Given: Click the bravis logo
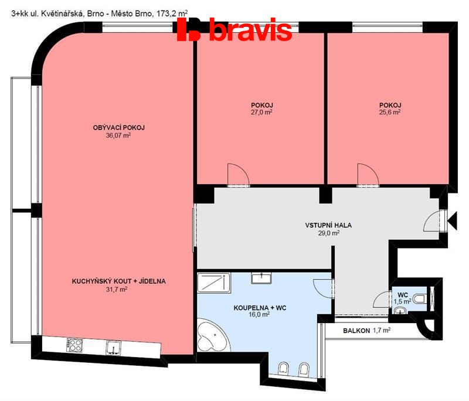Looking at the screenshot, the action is click(x=235, y=29).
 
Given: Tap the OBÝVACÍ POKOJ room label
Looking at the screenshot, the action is click(x=119, y=128).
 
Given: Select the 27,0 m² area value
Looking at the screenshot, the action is click(x=261, y=112).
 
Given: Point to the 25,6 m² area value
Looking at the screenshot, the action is click(x=390, y=112).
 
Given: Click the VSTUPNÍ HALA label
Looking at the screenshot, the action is click(x=328, y=225).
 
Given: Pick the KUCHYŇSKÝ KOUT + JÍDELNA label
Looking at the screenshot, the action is click(x=119, y=281).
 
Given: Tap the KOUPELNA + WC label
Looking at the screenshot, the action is click(x=260, y=308).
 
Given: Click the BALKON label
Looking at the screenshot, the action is click(x=356, y=331).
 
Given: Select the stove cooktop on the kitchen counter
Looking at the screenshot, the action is click(x=74, y=345).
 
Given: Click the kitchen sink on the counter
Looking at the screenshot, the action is click(x=114, y=348).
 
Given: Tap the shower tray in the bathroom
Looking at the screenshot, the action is click(x=214, y=283).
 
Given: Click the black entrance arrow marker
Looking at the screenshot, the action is click(x=452, y=220).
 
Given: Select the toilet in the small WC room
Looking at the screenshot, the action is click(x=420, y=298).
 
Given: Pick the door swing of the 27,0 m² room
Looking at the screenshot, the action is click(x=239, y=175).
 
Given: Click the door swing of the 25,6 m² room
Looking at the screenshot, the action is click(x=368, y=175).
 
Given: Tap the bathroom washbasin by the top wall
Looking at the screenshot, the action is click(x=261, y=278).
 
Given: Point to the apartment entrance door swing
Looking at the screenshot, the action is click(x=434, y=220).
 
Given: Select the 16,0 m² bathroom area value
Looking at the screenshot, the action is click(x=259, y=315).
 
